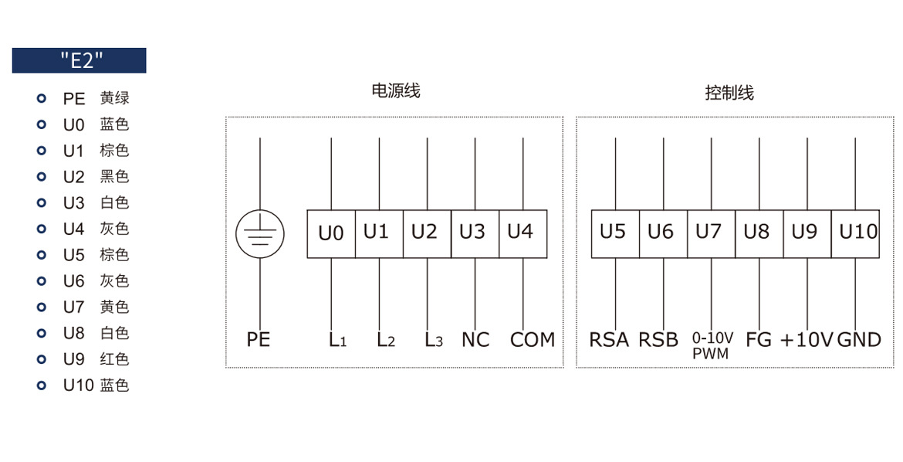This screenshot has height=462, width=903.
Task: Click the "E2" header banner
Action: point(79,60)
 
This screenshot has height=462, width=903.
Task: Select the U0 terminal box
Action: point(331,233)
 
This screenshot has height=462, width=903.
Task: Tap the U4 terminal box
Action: point(523,233)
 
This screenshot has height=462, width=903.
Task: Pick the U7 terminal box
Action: point(712,233)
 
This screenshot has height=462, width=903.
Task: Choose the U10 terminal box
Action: point(855,233)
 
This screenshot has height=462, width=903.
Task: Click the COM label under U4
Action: point(533,340)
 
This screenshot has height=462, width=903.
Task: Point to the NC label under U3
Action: point(475,340)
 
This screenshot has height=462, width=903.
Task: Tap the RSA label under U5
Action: point(609,340)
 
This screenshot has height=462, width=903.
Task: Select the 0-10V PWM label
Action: point(712,345)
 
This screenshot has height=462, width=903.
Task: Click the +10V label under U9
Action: point(807,340)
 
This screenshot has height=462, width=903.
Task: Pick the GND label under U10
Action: point(859,340)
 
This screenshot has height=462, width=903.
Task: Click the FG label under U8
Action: point(759,340)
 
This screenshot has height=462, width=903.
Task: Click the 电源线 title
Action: point(396,91)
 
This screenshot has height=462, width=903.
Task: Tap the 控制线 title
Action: point(729,93)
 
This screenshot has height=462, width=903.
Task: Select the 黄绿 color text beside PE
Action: point(114,98)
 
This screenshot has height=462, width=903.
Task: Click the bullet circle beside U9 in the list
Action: point(41,359)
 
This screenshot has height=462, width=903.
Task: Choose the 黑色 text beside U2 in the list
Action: point(114,176)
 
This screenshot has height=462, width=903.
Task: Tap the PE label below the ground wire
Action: point(259,340)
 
